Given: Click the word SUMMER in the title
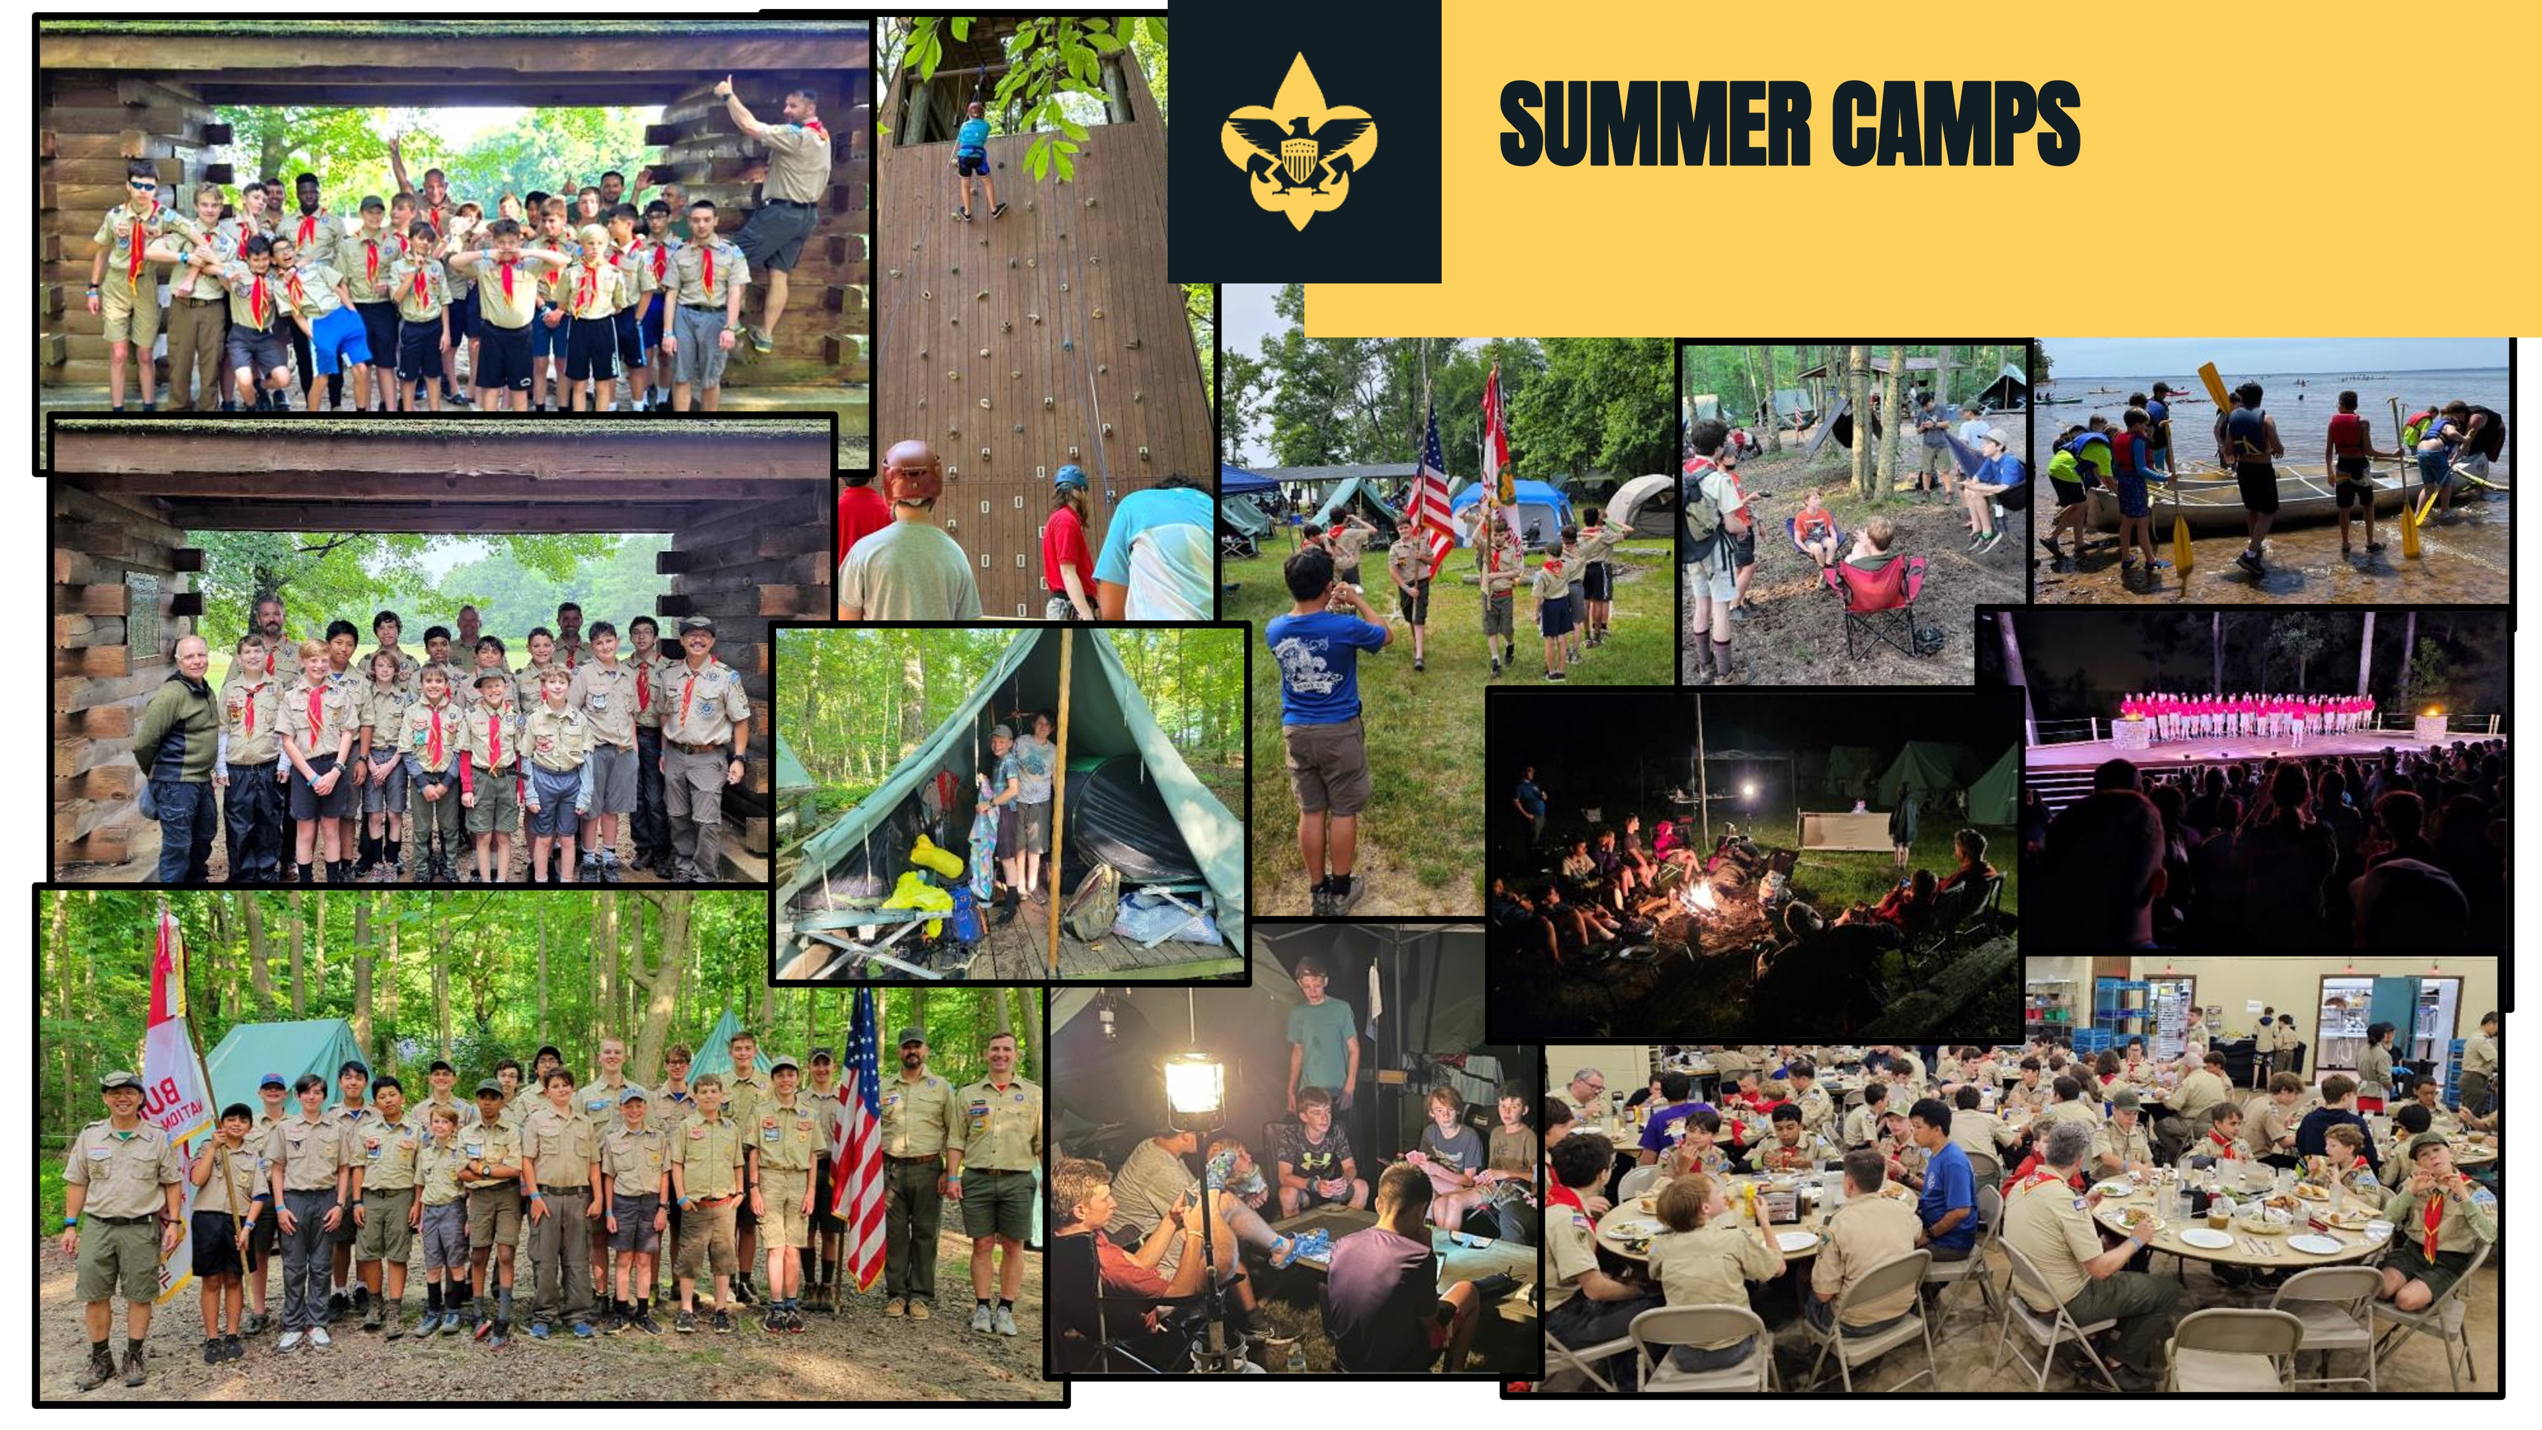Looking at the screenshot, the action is (1655, 125).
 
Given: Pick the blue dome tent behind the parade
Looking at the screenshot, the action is (1513, 509).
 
